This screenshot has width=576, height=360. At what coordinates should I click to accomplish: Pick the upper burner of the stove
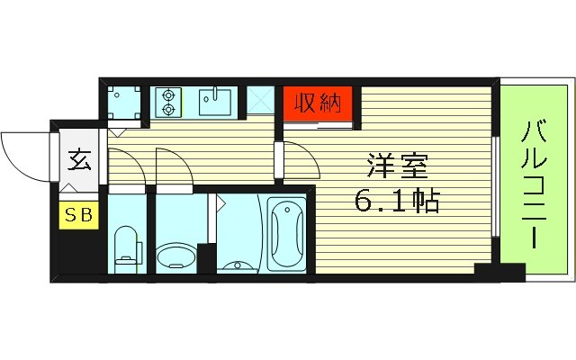click(167, 94)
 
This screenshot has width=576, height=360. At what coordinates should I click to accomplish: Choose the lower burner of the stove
click(167, 110)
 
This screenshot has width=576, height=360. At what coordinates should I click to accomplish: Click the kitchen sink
click(215, 103)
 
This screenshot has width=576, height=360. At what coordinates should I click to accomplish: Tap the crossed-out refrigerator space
click(261, 103)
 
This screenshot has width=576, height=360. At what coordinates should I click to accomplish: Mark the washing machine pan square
click(122, 103)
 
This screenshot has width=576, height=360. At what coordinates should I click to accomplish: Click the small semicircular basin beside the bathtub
click(237, 265)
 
